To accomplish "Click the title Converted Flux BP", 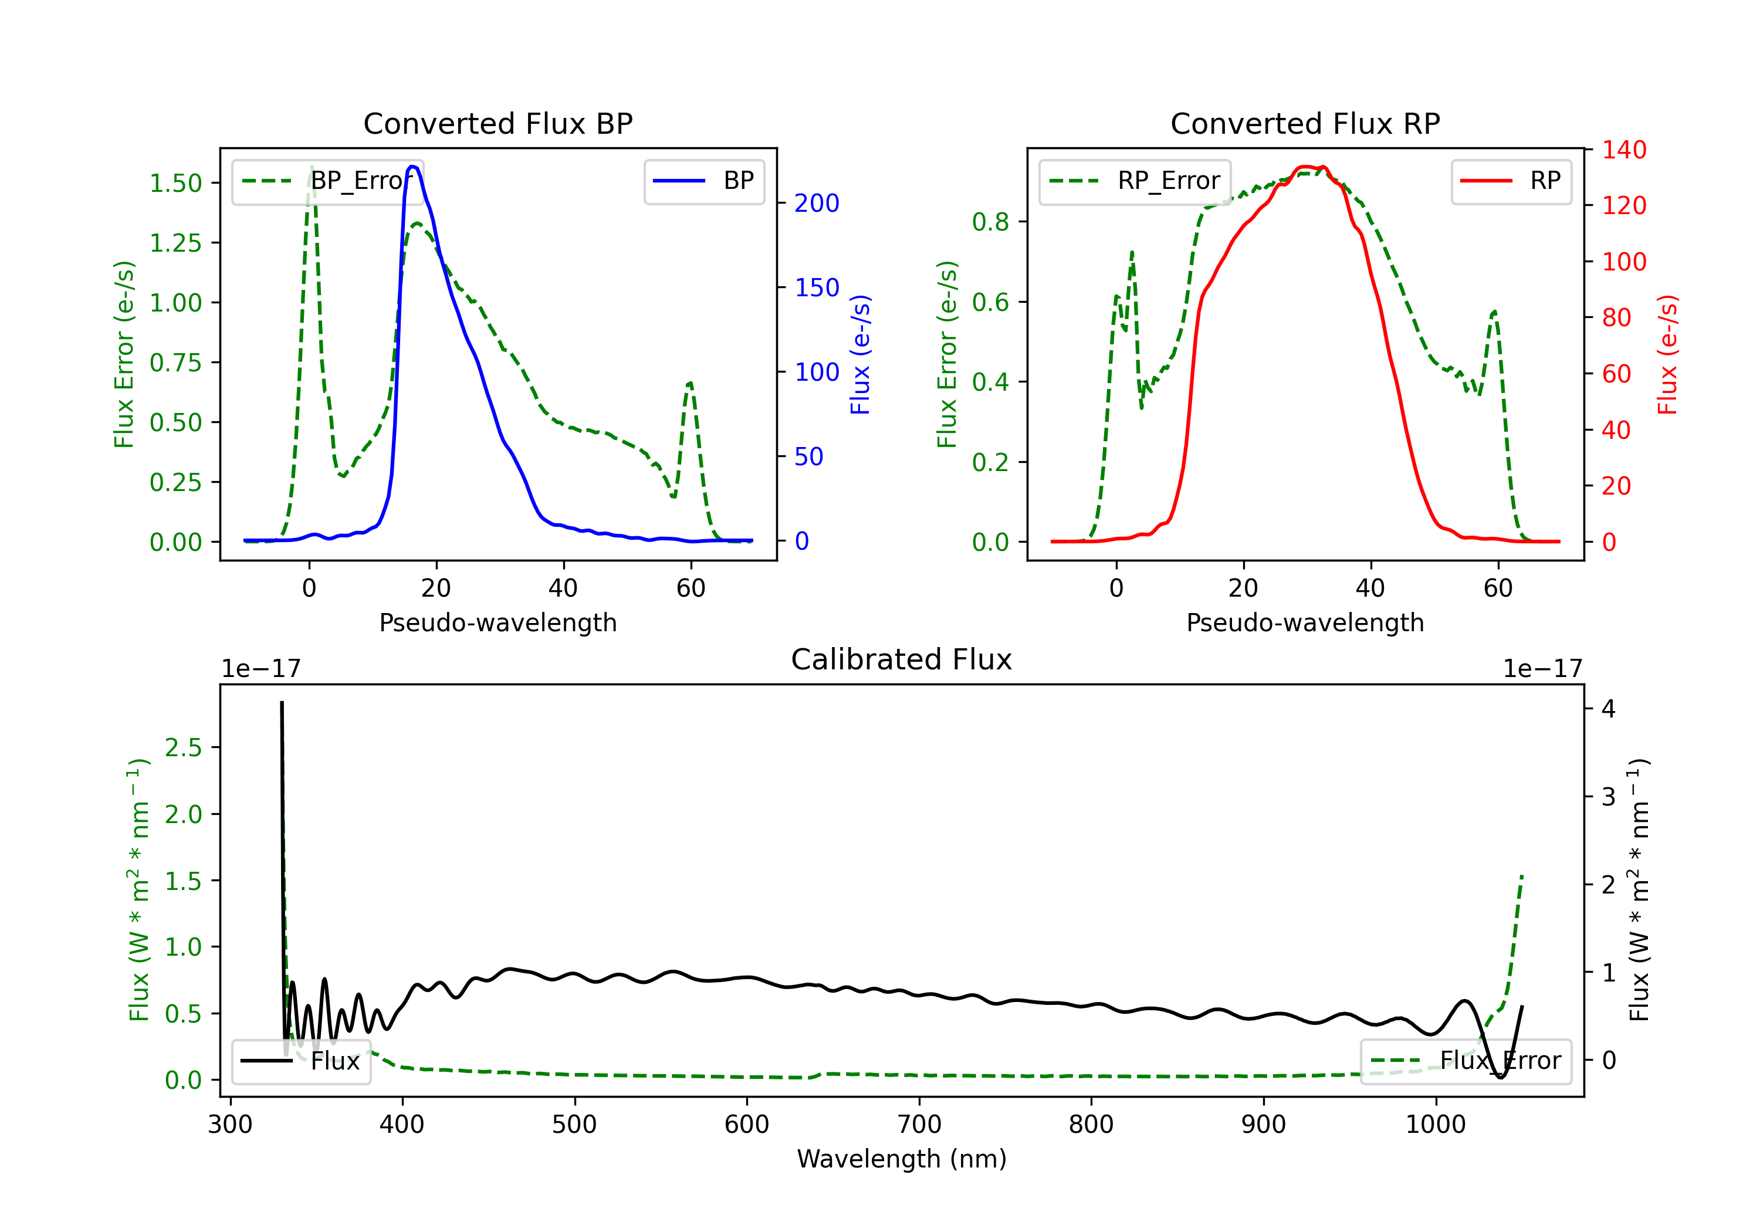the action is coord(498,123).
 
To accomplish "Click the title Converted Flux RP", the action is coord(1305,123).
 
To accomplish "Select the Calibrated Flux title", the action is coord(902,659).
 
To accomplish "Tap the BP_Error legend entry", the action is coord(328,181).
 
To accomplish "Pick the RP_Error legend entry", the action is coord(1135,181).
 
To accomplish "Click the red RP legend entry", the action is coord(1511,181).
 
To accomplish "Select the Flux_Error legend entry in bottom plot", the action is coord(1465,1061).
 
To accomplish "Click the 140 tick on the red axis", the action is coord(1623,150).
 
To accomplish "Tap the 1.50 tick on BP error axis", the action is coord(175,183).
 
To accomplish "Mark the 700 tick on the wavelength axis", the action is coord(919,1125).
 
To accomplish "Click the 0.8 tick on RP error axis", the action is coord(990,222).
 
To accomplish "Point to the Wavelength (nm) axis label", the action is coord(902,1159).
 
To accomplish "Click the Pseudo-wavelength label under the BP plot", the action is coord(498,622).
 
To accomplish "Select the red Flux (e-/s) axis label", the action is coord(1667,355).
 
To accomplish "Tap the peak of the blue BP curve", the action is coord(412,167).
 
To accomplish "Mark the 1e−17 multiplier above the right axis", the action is coord(1542,669).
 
